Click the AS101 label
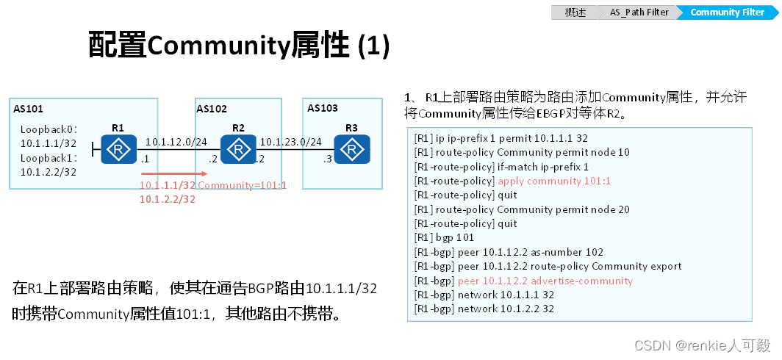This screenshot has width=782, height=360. (x=29, y=109)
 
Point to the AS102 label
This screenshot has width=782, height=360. (x=212, y=109)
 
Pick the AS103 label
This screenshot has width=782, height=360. (x=323, y=108)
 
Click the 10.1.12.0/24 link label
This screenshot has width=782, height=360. (x=176, y=141)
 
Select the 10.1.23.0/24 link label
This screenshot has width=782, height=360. (x=291, y=141)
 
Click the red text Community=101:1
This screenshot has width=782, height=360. (x=242, y=185)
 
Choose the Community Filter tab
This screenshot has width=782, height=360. (x=727, y=12)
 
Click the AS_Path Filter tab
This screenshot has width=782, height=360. (x=639, y=12)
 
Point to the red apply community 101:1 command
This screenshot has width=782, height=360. (x=554, y=181)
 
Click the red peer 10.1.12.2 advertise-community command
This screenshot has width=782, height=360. (x=545, y=281)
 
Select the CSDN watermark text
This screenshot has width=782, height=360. (x=702, y=345)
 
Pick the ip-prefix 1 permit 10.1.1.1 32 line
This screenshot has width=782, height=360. (x=501, y=138)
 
